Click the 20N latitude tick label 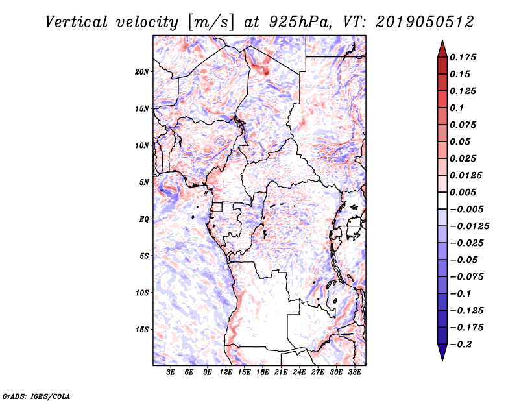click(x=142, y=71)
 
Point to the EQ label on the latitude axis click(x=143, y=219)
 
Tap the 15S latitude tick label click(x=142, y=330)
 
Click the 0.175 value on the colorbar click(x=464, y=57)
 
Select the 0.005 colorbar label click(x=464, y=193)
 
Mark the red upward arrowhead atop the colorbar click(x=442, y=48)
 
